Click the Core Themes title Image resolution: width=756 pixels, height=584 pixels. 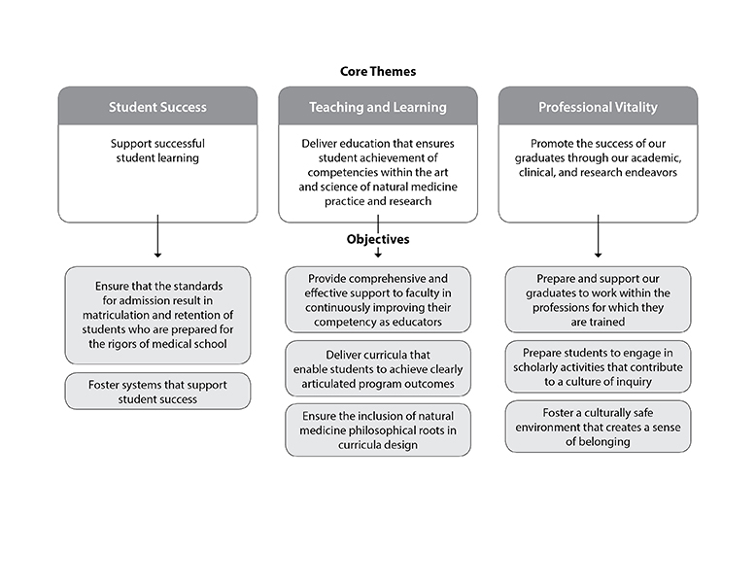tap(378, 71)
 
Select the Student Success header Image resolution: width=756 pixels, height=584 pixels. tap(157, 107)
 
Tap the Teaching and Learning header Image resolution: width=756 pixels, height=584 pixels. tap(378, 107)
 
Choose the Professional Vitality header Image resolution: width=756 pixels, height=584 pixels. tap(598, 107)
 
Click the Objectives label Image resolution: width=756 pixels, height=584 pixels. tap(378, 239)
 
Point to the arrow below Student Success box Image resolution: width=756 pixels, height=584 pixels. tap(157, 236)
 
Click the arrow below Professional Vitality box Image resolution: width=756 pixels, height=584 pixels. tap(598, 236)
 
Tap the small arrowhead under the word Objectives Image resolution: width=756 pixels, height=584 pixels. tap(378, 253)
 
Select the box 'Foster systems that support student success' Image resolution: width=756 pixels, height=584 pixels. tap(157, 391)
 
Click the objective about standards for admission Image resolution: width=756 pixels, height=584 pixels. tap(157, 316)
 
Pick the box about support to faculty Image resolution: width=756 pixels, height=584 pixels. tap(378, 299)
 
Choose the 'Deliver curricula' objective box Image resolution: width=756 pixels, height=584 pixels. tap(378, 368)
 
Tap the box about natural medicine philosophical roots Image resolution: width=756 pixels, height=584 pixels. tap(378, 430)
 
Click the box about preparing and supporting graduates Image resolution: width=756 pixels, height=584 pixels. tap(598, 299)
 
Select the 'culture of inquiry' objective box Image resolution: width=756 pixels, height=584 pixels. tap(598, 367)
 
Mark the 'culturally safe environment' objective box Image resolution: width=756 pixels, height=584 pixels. tap(598, 427)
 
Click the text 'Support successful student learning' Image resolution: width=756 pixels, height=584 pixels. tap(157, 151)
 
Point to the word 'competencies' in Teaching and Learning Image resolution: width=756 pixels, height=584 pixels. tap(341, 173)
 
